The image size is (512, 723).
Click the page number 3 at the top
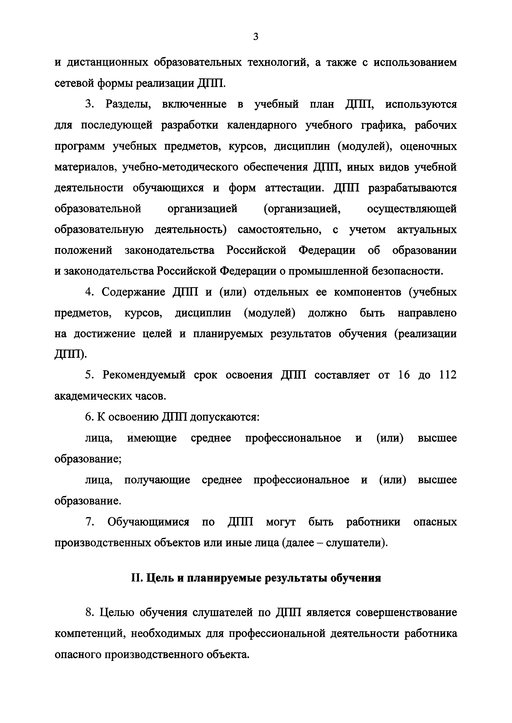(256, 37)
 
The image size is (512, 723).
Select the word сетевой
(73, 83)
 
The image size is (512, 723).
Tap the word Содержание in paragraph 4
(133, 292)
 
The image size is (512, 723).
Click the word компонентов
(365, 292)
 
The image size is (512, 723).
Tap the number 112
(448, 375)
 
